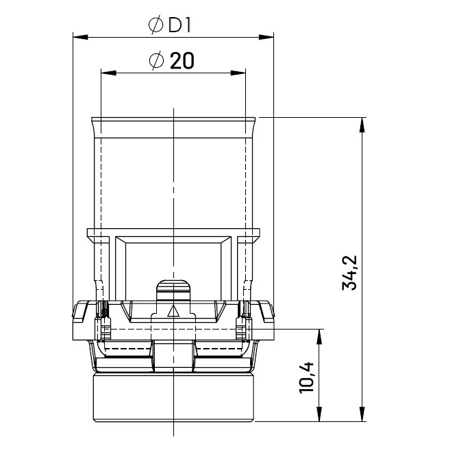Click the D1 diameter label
point(179,25)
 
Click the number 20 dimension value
point(182,61)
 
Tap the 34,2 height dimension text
point(350,273)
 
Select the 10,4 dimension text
point(307,377)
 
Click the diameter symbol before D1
point(156,25)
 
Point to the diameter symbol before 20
point(156,61)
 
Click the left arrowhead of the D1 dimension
point(81,37)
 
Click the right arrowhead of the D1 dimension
point(266,37)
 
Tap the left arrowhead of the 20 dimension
point(108,73)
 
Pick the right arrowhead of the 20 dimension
point(238,73)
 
